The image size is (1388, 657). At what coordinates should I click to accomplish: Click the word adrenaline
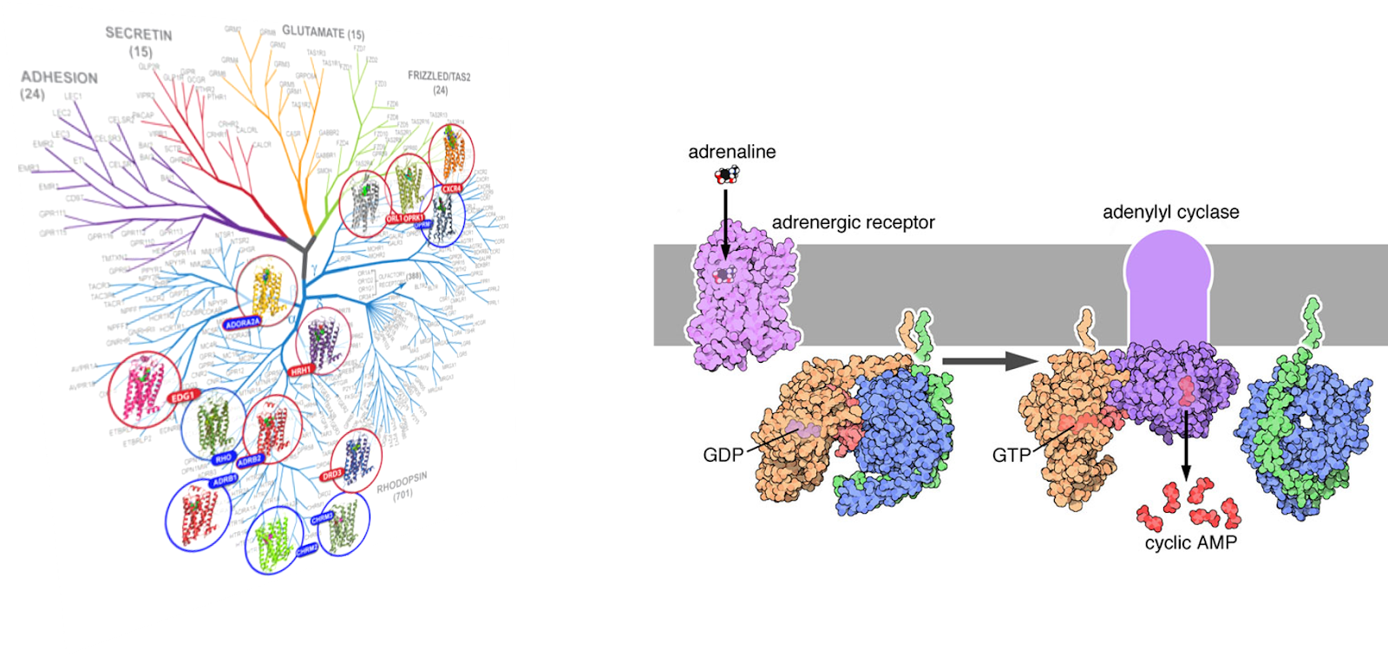[x=731, y=152]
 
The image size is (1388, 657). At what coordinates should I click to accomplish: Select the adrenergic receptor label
[x=853, y=222]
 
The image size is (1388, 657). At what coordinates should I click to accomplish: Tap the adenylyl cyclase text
[x=1170, y=212]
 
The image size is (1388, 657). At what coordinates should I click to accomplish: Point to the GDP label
[x=723, y=455]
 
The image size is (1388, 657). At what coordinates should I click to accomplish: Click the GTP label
[x=1012, y=455]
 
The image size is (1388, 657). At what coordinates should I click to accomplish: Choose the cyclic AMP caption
[x=1190, y=542]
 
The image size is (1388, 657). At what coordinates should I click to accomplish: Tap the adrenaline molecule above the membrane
[x=727, y=175]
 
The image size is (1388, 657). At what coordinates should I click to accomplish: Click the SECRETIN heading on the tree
[x=139, y=35]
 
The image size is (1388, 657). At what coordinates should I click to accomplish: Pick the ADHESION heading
[x=59, y=77]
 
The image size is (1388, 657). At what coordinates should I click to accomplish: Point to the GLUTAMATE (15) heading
[x=323, y=32]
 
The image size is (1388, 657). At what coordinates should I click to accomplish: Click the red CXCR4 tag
[x=452, y=188]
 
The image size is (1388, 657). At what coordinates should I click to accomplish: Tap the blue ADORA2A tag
[x=242, y=323]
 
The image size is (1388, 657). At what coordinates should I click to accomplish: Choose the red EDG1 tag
[x=183, y=397]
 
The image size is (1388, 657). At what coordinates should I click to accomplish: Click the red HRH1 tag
[x=301, y=371]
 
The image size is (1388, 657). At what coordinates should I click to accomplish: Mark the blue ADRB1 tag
[x=224, y=480]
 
